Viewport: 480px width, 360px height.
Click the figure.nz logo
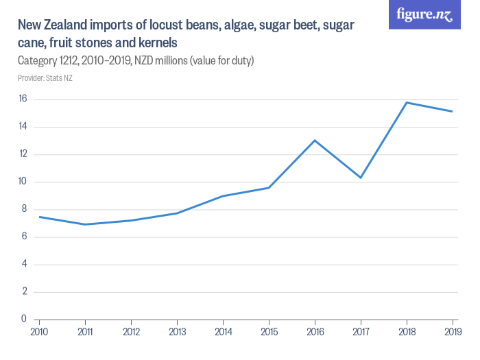[424, 14]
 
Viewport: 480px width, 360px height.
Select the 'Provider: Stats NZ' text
[45, 78]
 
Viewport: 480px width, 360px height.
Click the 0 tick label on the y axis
[24, 319]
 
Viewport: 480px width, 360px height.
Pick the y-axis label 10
[22, 182]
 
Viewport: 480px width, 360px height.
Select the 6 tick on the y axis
[24, 237]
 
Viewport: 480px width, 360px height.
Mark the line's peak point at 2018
[407, 103]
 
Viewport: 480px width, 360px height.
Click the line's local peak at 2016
[315, 141]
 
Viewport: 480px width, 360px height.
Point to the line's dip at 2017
[361, 178]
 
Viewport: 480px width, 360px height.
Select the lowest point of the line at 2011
[85, 224]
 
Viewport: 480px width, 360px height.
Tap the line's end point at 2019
[453, 112]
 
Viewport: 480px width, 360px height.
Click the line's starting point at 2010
[39, 217]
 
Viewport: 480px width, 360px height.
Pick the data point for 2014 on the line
[223, 196]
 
